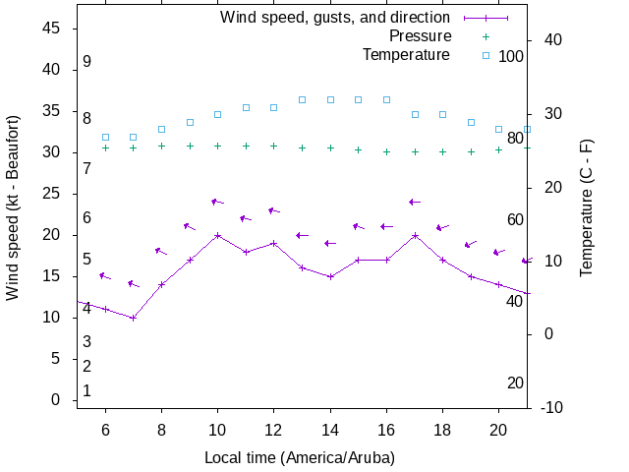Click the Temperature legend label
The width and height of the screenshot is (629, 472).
(x=406, y=55)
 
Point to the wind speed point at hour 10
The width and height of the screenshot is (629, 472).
(x=218, y=235)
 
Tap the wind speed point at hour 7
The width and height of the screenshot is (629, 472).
(x=134, y=318)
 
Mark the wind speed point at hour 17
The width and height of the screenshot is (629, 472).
(x=416, y=235)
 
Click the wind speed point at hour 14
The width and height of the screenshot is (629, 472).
(x=331, y=276)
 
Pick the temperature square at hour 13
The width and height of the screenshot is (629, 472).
(x=303, y=99)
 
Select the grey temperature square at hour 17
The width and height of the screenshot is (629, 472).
(x=416, y=114)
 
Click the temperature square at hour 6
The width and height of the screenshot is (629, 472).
(x=105, y=137)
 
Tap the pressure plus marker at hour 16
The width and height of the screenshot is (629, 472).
(x=387, y=151)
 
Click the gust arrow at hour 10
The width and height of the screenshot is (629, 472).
(x=218, y=202)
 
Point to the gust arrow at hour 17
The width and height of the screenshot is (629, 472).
(x=416, y=202)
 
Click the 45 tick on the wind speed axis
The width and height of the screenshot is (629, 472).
(x=53, y=29)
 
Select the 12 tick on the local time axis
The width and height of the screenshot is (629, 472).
(x=274, y=429)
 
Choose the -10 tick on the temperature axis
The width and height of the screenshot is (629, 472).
(x=550, y=407)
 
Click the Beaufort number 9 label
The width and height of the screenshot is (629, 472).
(x=87, y=61)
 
